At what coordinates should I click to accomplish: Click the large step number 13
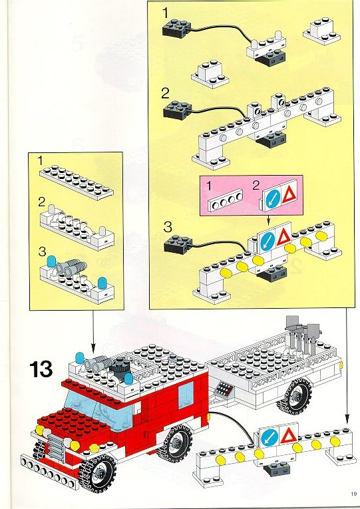[41, 370]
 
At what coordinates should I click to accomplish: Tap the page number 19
[353, 494]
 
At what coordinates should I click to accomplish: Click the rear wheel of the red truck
[174, 444]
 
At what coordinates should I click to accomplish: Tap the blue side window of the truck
[186, 395]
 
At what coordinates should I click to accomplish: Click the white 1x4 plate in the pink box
[226, 200]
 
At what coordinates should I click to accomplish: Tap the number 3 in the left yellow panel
[43, 252]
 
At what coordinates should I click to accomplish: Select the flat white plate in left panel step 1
[77, 181]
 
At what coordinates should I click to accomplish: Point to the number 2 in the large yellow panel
[165, 94]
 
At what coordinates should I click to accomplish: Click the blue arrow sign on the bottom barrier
[270, 438]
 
